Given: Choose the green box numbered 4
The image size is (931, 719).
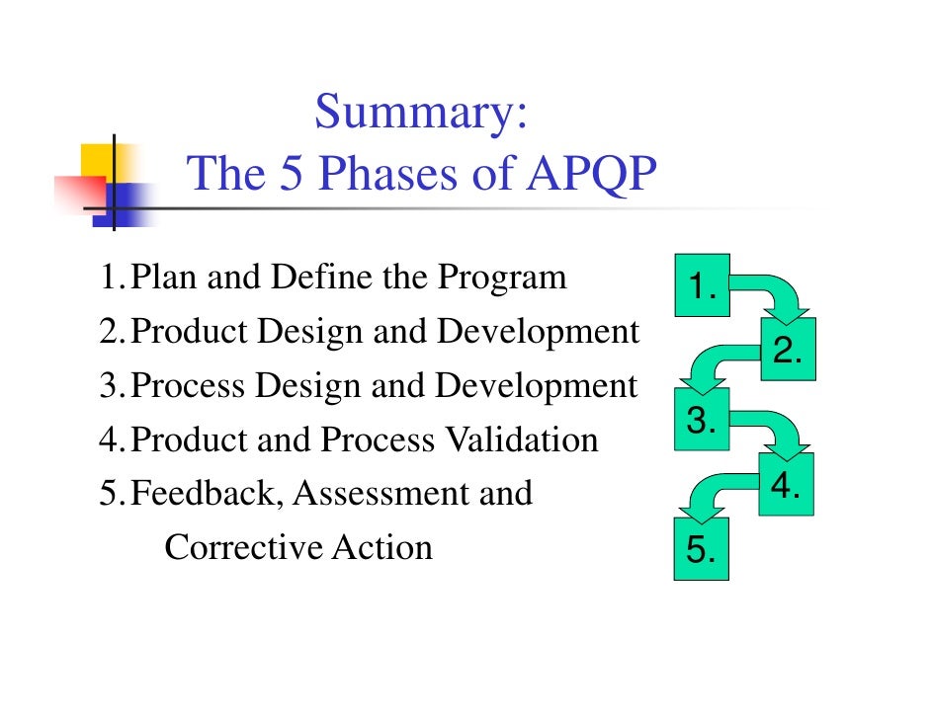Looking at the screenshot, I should pos(787,485).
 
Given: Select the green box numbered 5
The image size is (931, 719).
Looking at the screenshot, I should pos(701,549).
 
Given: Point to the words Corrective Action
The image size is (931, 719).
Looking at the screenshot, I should pos(298,547).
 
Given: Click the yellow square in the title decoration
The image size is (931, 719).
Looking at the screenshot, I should pos(98,161).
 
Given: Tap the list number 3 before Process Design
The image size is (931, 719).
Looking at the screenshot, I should pos(109,386).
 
